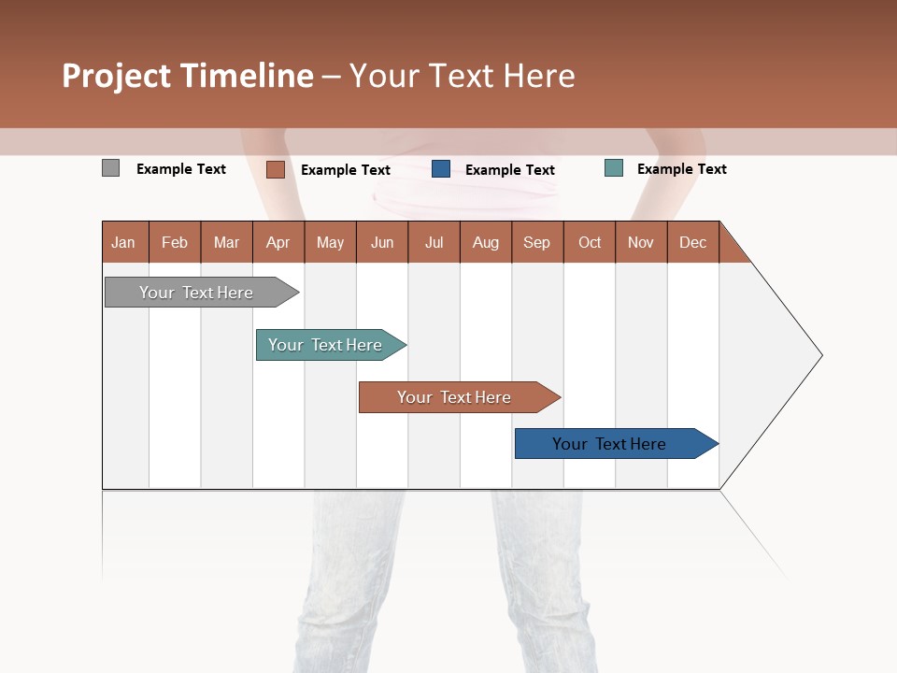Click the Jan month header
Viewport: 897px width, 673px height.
(x=124, y=243)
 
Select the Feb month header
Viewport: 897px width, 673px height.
(x=175, y=243)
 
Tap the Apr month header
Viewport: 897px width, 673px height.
(x=278, y=243)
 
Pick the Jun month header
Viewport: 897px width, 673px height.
(x=382, y=243)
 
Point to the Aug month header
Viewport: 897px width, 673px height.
(x=486, y=243)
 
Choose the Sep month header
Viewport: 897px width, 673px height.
(x=537, y=243)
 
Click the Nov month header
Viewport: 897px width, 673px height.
(x=641, y=243)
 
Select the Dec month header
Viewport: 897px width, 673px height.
(x=693, y=243)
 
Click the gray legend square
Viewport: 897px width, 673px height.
(x=111, y=168)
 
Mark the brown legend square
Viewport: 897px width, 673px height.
(x=276, y=169)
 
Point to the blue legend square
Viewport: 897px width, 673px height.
(x=441, y=169)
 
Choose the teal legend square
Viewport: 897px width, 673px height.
(x=614, y=168)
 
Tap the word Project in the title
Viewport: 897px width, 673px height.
(x=117, y=76)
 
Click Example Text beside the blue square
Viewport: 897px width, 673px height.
(x=510, y=170)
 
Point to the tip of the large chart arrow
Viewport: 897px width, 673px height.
(x=820, y=355)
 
